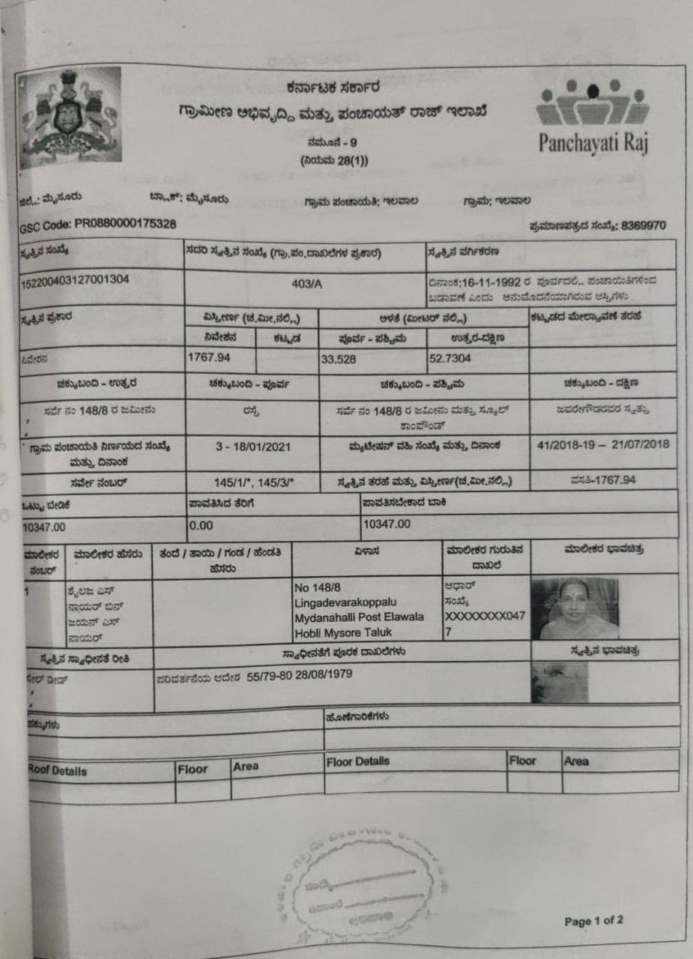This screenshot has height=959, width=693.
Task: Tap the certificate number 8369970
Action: [x=643, y=226]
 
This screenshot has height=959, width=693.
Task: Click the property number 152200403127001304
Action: [x=76, y=279]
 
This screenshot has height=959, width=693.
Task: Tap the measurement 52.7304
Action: [x=450, y=358]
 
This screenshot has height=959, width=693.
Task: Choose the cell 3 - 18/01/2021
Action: [x=252, y=447]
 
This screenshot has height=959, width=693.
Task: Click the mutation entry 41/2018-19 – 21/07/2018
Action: [x=603, y=444]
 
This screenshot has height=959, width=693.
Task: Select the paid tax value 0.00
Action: [x=201, y=526]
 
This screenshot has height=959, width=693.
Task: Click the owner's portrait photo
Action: [x=575, y=608]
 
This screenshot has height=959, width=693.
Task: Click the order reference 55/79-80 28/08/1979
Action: [x=300, y=673]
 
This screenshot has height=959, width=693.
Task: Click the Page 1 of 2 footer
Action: [x=593, y=920]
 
